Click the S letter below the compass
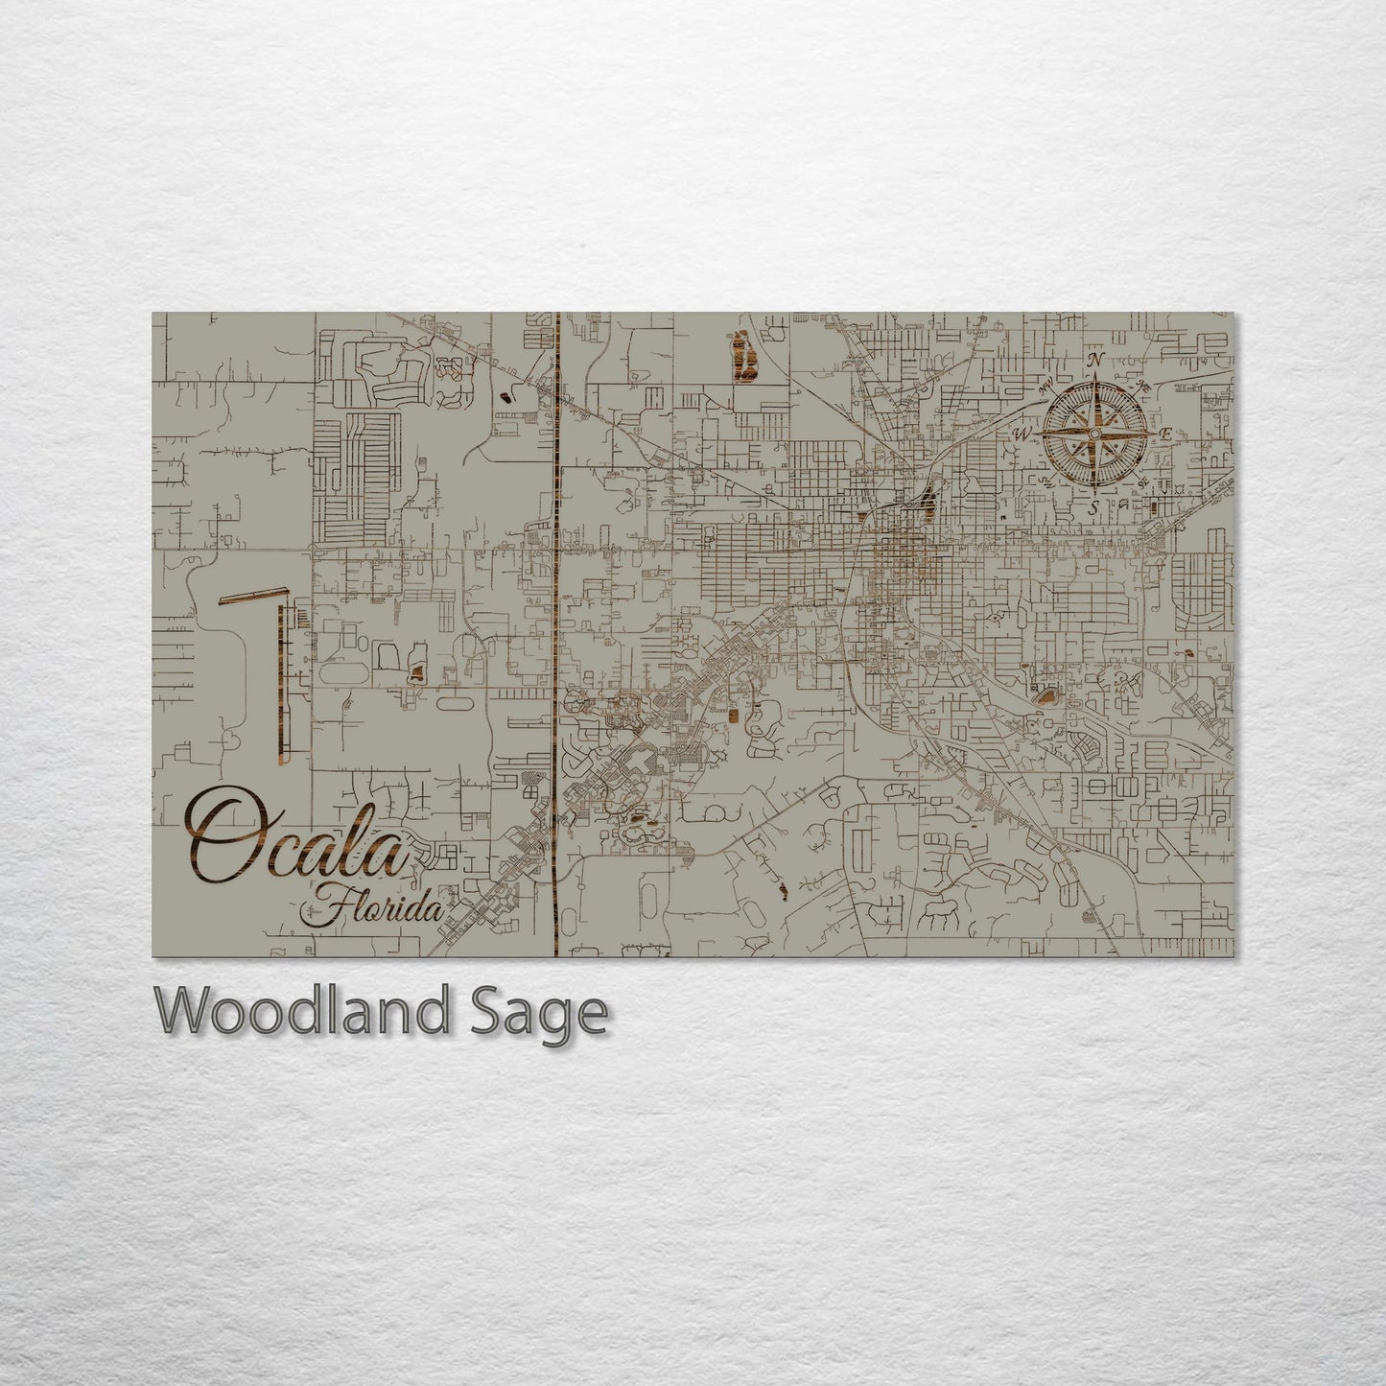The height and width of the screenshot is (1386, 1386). (x=1092, y=505)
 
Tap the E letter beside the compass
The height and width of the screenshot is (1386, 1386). (x=1165, y=435)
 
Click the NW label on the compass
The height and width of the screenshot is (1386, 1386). (x=1045, y=388)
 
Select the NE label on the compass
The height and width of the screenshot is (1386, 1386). (x=1142, y=386)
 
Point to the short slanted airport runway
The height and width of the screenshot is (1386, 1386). (x=251, y=598)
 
